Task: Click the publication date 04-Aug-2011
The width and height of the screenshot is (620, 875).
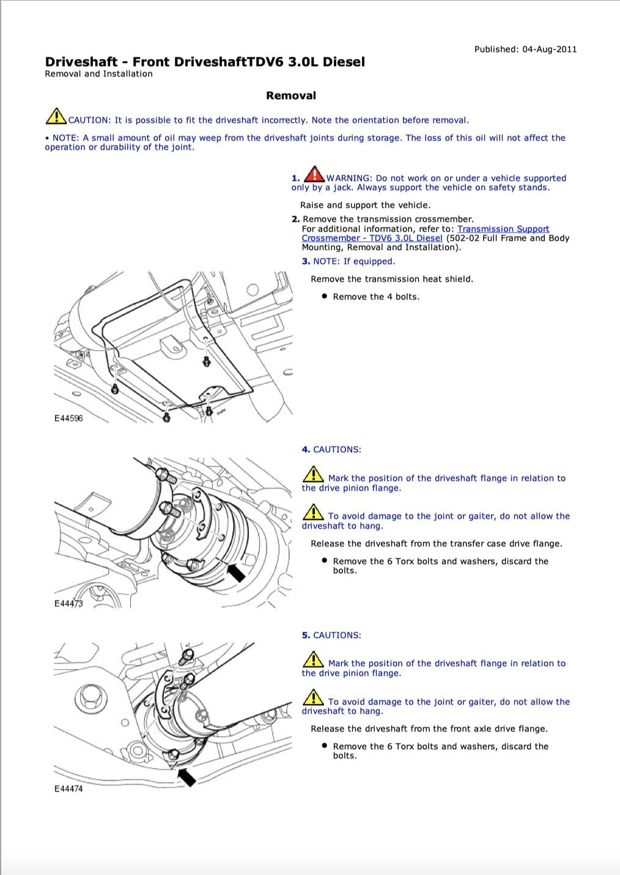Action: (549, 49)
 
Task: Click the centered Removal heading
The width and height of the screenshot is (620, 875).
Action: (291, 96)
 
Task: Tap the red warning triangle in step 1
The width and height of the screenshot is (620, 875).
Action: (314, 174)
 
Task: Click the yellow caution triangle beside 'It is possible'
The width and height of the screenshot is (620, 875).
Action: (56, 116)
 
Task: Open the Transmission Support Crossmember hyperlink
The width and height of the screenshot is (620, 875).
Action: (426, 233)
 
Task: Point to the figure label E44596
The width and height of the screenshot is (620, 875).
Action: (68, 419)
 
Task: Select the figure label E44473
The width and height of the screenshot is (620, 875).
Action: (68, 604)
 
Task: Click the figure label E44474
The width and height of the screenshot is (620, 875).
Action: (68, 789)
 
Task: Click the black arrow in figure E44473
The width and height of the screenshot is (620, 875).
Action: (236, 573)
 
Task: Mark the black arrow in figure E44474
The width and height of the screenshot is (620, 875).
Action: (186, 777)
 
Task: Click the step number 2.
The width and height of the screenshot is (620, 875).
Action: (295, 219)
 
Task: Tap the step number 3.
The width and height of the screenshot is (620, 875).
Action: (306, 262)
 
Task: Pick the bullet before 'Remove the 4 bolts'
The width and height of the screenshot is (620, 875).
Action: (324, 296)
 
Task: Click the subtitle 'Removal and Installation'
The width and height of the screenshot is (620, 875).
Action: (98, 74)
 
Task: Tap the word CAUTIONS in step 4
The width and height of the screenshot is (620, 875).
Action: (337, 450)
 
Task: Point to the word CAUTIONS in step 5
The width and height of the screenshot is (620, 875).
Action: (337, 635)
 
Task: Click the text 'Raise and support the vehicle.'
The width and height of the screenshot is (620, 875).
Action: (365, 205)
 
